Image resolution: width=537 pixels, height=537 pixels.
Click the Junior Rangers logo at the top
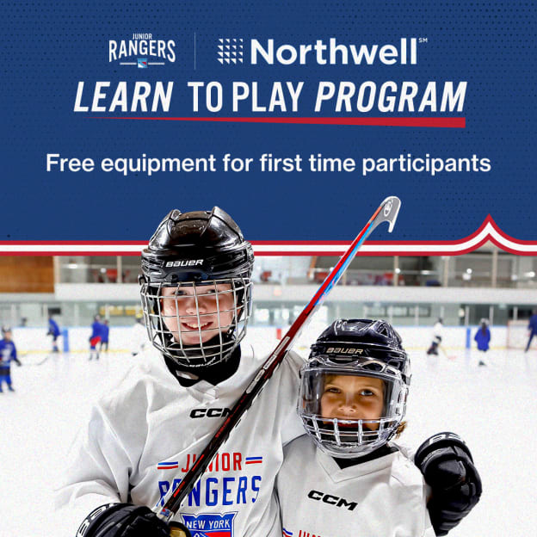(x=142, y=51)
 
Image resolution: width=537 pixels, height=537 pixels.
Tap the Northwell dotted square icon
(x=230, y=51)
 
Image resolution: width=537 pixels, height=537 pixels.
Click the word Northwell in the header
(x=333, y=52)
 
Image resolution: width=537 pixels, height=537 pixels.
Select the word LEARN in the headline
(x=125, y=97)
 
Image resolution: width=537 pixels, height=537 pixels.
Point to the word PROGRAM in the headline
(x=391, y=97)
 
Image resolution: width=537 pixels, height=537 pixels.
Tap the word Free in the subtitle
(x=68, y=162)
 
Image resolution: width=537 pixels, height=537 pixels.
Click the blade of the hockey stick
(x=386, y=212)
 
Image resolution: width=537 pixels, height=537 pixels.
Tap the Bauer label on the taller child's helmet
(x=184, y=262)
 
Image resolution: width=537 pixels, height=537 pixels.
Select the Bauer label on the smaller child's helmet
(x=344, y=350)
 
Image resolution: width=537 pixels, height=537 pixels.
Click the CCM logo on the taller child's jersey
(x=210, y=412)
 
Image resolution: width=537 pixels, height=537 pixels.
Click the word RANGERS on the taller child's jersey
(x=211, y=491)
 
